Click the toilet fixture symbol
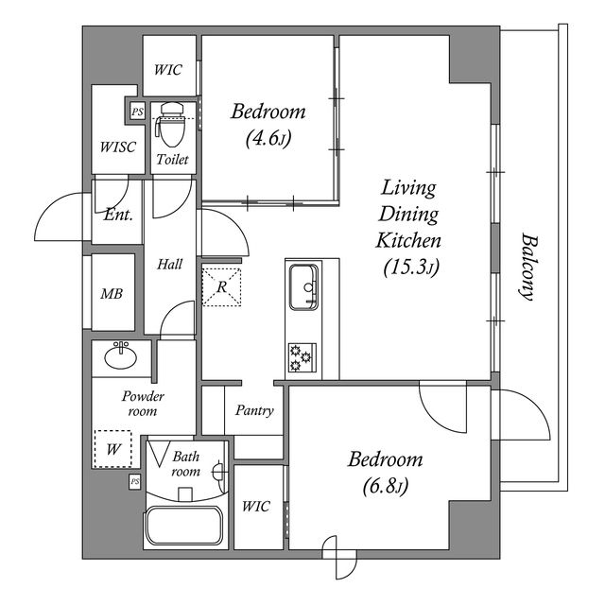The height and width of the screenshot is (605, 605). point(170,124)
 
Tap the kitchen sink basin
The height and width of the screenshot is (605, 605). point(304,286)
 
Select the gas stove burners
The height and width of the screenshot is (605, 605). point(302,357)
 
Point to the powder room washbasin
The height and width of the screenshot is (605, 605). point(120,355)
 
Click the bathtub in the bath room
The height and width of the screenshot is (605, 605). point(182,526)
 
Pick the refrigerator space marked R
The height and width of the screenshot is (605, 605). point(221,287)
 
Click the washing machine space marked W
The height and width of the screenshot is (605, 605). point(113,449)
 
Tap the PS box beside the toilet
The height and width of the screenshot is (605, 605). point(137,112)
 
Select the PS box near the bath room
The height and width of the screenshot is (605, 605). point(134,481)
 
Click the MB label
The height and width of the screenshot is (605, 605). point(112,294)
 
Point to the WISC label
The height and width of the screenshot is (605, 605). point(117,147)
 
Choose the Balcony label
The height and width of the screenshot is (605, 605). point(527,267)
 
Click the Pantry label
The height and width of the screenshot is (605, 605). point(254,410)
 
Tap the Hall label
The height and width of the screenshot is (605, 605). point(170,265)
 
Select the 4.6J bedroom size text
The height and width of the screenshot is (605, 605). point(268,138)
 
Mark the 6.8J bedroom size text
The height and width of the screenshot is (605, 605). point(386,486)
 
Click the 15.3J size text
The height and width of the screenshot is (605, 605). point(411,267)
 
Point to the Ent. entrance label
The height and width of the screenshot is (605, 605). point(118,215)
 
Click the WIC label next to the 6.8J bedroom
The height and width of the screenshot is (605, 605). point(256,507)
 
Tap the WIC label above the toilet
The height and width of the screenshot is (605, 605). point(168,70)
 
